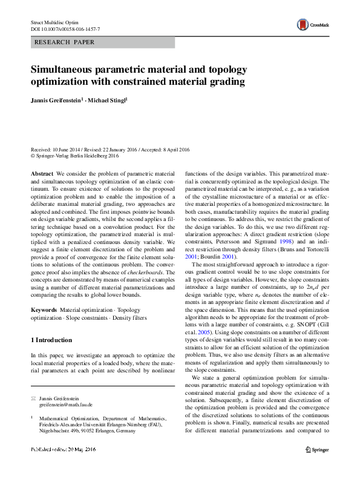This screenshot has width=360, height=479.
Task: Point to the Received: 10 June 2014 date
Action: tap(57, 148)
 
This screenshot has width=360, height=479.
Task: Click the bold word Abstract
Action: tap(42, 173)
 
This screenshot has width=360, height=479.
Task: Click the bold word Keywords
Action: tap(43, 310)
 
